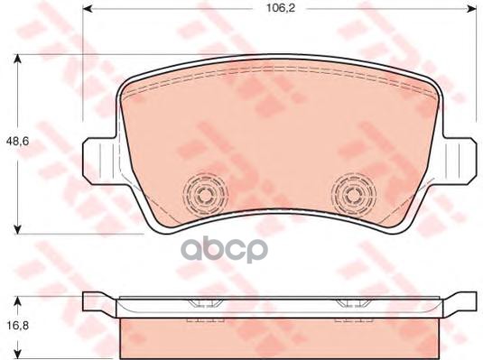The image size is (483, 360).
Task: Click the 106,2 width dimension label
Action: coord(281,8)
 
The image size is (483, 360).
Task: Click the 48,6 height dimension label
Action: coord(17,142)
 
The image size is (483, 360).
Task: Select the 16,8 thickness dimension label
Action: coord(17,326)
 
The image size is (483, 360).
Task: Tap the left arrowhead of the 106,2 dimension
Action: coord(88,9)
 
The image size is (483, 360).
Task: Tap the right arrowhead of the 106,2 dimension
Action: coord(472,9)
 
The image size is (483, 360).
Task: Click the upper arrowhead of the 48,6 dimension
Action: coord(18,59)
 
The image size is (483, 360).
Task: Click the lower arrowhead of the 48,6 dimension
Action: coord(18,229)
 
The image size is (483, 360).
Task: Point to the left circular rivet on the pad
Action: coord(205,194)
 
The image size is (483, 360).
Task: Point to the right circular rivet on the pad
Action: coord(353,195)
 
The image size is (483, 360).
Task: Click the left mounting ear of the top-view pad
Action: coord(100,162)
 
